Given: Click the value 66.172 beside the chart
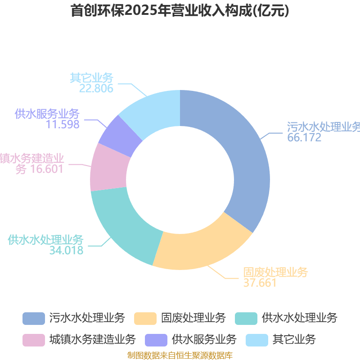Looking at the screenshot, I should [305, 138].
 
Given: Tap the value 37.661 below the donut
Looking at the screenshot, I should [260, 283].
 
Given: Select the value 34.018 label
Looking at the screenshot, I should [67, 250].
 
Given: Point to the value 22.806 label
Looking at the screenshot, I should [96, 88].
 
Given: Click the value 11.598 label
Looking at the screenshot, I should [63, 124].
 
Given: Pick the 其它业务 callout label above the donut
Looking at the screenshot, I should [91, 78].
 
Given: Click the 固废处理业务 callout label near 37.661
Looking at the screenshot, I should [276, 272].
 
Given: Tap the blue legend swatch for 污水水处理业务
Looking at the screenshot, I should [34, 318].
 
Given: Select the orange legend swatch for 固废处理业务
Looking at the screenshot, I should [145, 318].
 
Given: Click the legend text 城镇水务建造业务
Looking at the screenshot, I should [93, 339].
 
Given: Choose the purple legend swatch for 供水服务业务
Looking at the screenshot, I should [156, 339].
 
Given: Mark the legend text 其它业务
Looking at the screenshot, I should [294, 339].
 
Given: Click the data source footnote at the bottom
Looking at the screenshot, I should [180, 355].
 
